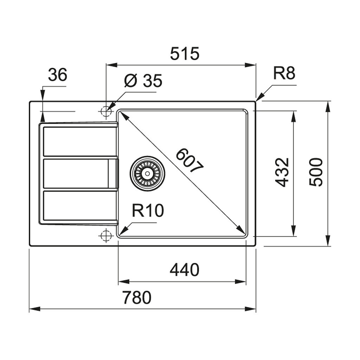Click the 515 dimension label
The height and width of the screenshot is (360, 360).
185,54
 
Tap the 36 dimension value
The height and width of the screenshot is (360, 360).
57,75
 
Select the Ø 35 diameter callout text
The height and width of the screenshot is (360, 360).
143,81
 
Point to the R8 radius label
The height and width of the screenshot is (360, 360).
284,73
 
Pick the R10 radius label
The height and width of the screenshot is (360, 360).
148,211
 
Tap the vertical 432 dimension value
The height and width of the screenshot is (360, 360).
282,172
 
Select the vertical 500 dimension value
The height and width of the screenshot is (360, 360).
316,172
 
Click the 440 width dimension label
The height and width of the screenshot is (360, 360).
184,270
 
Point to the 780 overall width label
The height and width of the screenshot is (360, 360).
137,298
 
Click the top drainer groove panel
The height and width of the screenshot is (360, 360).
80,141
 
